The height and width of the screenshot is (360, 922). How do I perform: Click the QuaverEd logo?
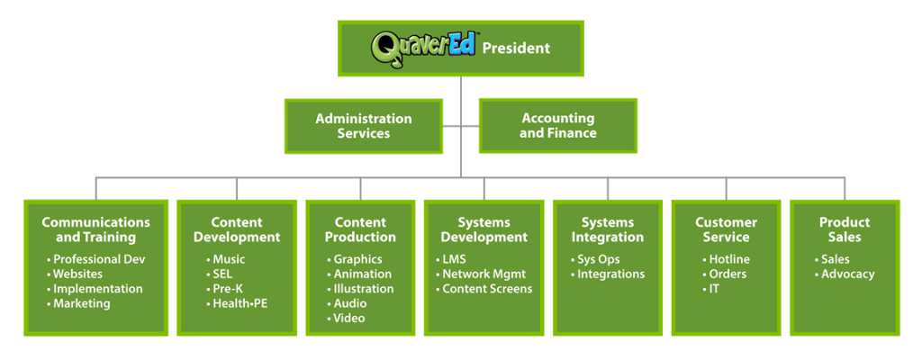(424, 49)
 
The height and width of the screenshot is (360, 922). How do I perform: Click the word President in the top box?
(516, 49)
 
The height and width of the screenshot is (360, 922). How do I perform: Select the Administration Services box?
(364, 126)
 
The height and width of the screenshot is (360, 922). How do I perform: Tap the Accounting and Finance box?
(558, 126)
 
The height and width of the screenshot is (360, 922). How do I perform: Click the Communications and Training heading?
(95, 230)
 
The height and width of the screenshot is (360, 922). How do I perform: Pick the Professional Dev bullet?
(95, 259)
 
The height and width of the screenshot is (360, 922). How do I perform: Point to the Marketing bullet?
(78, 303)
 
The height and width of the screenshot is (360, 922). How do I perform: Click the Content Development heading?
(237, 230)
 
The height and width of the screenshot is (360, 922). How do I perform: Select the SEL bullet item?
(220, 274)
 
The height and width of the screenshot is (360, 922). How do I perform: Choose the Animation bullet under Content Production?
(359, 274)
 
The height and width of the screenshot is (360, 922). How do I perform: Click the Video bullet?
(347, 319)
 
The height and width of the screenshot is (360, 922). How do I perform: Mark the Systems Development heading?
(484, 230)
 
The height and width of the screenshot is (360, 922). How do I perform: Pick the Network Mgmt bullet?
(481, 274)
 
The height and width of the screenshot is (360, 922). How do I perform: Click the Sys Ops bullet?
(595, 259)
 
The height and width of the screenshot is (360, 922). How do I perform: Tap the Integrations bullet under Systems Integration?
(608, 274)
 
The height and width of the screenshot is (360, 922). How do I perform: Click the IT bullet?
(710, 289)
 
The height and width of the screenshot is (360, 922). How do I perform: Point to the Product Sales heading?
(845, 230)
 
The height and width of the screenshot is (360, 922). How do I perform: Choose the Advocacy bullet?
(845, 274)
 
